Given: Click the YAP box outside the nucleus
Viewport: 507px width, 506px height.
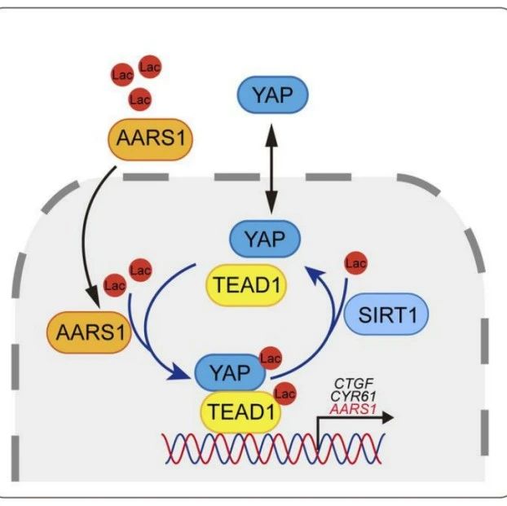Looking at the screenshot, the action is (272, 95).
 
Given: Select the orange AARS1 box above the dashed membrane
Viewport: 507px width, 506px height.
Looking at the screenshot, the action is (150, 139).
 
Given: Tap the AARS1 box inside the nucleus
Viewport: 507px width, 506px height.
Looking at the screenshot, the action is (89, 332).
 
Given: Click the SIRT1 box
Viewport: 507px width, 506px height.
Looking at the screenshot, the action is (386, 314).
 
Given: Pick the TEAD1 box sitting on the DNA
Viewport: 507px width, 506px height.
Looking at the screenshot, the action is (241, 412).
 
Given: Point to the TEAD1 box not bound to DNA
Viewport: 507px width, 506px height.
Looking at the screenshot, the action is (246, 285).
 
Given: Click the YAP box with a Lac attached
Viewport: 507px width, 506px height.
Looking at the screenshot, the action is (230, 372).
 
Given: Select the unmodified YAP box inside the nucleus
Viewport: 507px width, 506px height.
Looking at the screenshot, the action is (265, 239).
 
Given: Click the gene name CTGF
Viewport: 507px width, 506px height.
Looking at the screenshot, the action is (354, 384).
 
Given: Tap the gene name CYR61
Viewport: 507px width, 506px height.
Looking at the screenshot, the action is (354, 396).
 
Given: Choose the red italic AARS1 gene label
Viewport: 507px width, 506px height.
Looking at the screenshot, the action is (353, 410).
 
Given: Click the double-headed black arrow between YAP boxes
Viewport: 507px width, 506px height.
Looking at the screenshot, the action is (271, 169).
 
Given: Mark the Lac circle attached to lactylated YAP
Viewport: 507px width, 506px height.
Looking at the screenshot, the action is (271, 359).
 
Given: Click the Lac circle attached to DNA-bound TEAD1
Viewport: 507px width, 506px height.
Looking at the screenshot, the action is (284, 394).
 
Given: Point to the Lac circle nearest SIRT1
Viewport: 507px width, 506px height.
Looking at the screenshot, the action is (355, 263).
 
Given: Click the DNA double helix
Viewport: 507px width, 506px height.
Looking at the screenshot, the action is (274, 449).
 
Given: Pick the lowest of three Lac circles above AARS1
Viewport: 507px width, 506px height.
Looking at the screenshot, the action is (139, 99).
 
